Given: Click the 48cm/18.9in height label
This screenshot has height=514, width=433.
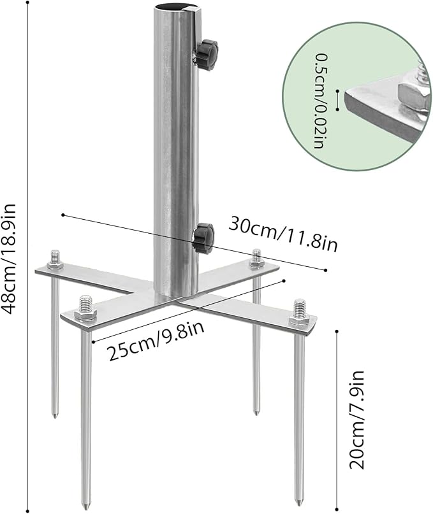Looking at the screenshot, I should [11, 257].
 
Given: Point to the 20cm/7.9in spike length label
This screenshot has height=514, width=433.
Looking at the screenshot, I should [358, 420].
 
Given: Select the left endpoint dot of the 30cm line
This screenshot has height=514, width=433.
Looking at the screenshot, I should [62, 215].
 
